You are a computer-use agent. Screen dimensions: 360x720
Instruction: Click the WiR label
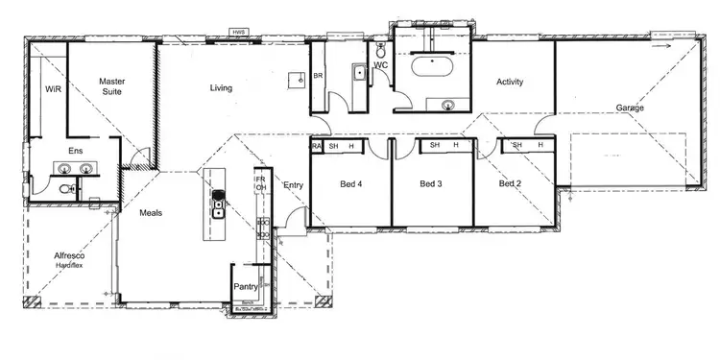pyautogui.click(x=53, y=87)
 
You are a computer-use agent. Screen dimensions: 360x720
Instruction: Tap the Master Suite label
pyautogui.click(x=112, y=87)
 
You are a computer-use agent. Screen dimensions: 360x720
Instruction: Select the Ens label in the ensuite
pyautogui.click(x=74, y=151)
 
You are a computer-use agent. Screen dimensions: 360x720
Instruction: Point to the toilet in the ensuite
pyautogui.click(x=66, y=189)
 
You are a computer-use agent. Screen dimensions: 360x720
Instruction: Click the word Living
pyautogui.click(x=222, y=88)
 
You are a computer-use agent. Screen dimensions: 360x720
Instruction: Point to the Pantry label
pyautogui.click(x=245, y=286)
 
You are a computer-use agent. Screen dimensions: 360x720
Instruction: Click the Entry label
pyautogui.click(x=294, y=184)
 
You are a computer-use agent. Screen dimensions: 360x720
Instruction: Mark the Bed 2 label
pyautogui.click(x=510, y=183)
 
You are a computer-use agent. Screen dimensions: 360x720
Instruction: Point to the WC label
pyautogui.click(x=379, y=65)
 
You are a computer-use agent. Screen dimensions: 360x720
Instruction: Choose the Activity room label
pyautogui.click(x=510, y=83)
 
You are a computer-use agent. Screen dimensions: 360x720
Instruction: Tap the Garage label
pyautogui.click(x=630, y=108)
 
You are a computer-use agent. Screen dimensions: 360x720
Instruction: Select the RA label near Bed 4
pyautogui.click(x=316, y=146)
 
